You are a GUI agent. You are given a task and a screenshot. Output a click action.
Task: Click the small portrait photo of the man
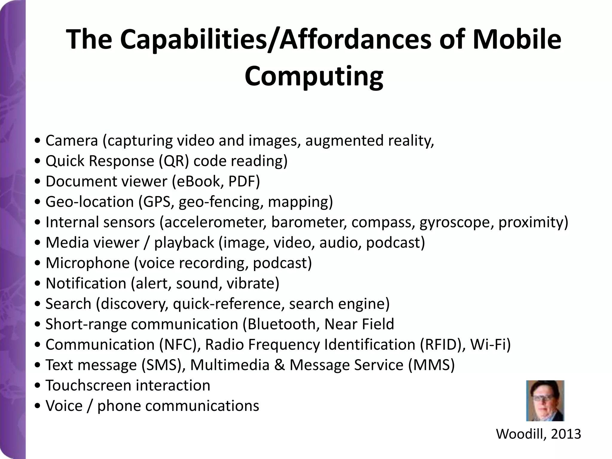click(545, 400)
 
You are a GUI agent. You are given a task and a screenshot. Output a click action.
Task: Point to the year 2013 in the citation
click(566, 434)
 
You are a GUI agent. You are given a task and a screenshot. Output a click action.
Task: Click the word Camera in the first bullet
click(72, 140)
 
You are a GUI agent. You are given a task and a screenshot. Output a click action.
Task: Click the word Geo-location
click(90, 202)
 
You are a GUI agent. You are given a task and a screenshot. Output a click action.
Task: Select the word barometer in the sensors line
click(309, 222)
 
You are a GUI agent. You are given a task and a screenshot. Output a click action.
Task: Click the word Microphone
click(88, 263)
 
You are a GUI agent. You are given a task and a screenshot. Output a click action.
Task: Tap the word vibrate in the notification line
click(253, 283)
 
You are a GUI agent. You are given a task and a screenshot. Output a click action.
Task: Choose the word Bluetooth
click(281, 324)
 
